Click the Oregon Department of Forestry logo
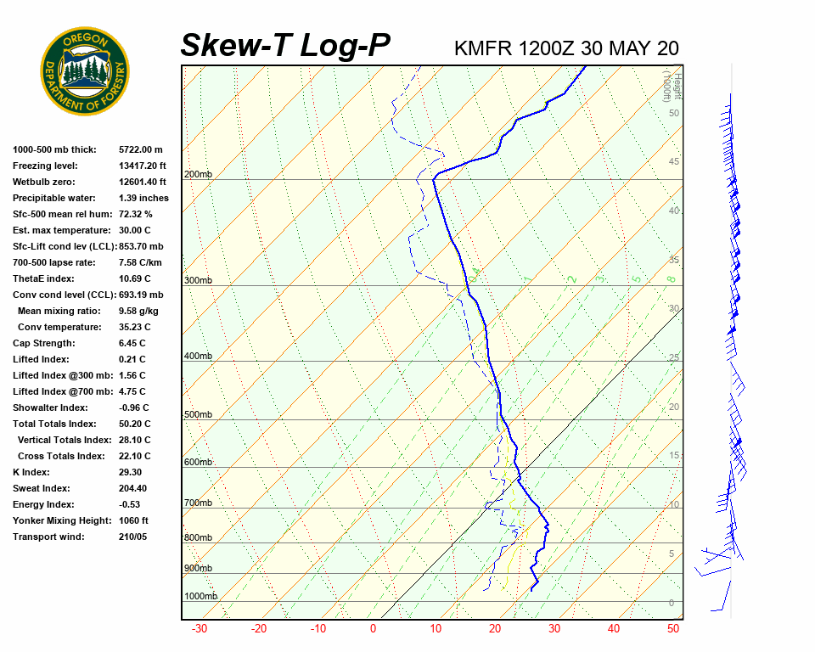85,71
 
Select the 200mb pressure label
198,175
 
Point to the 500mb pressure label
198,415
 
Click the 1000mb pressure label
200,597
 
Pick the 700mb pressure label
198,503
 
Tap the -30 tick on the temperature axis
200,629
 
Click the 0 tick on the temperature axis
373,629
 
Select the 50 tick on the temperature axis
673,629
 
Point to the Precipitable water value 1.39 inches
143,198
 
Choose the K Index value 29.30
130,472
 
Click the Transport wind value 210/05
132,537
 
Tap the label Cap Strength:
43,343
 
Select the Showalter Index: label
50,407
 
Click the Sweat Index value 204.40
133,488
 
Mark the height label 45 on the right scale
674,162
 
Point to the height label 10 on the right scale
674,505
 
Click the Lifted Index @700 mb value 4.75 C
132,391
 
